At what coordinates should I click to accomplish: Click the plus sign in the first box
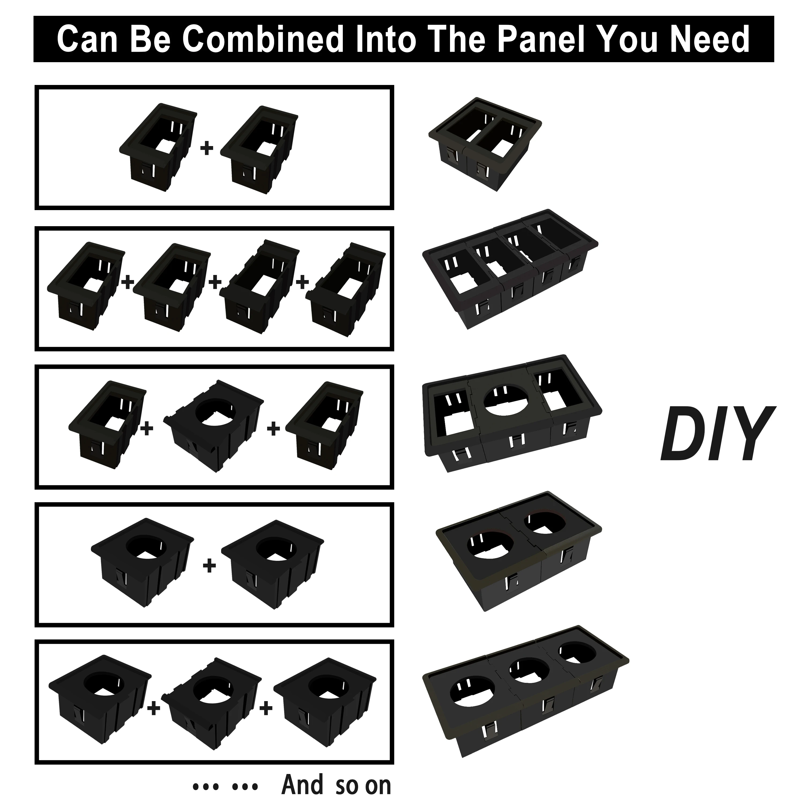[x=207, y=148]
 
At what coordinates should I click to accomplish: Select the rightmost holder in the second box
[x=345, y=287]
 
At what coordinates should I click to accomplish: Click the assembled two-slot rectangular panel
[x=485, y=144]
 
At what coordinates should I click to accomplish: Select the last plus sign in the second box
[x=303, y=282]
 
